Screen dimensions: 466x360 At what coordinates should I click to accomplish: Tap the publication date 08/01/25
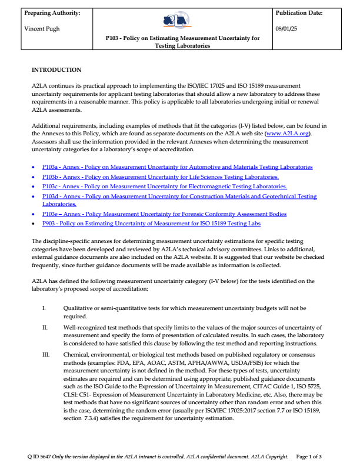pyautogui.click(x=287, y=28)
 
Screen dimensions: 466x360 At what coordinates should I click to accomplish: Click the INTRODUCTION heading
pyautogui.click(x=56, y=70)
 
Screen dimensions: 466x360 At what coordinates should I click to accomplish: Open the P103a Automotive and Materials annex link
pyautogui.click(x=177, y=167)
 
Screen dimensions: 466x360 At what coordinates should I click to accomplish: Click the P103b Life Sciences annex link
pyautogui.click(x=160, y=177)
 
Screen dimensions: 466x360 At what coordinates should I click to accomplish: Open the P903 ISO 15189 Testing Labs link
pyautogui.click(x=151, y=224)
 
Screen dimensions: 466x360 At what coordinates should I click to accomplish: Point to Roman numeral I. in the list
pyautogui.click(x=44, y=308)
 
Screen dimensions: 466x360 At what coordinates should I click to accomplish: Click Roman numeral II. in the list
pyautogui.click(x=45, y=327)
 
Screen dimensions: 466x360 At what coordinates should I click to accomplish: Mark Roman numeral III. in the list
pyautogui.click(x=45, y=355)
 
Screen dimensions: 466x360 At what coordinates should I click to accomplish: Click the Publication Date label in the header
pyautogui.click(x=299, y=12)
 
